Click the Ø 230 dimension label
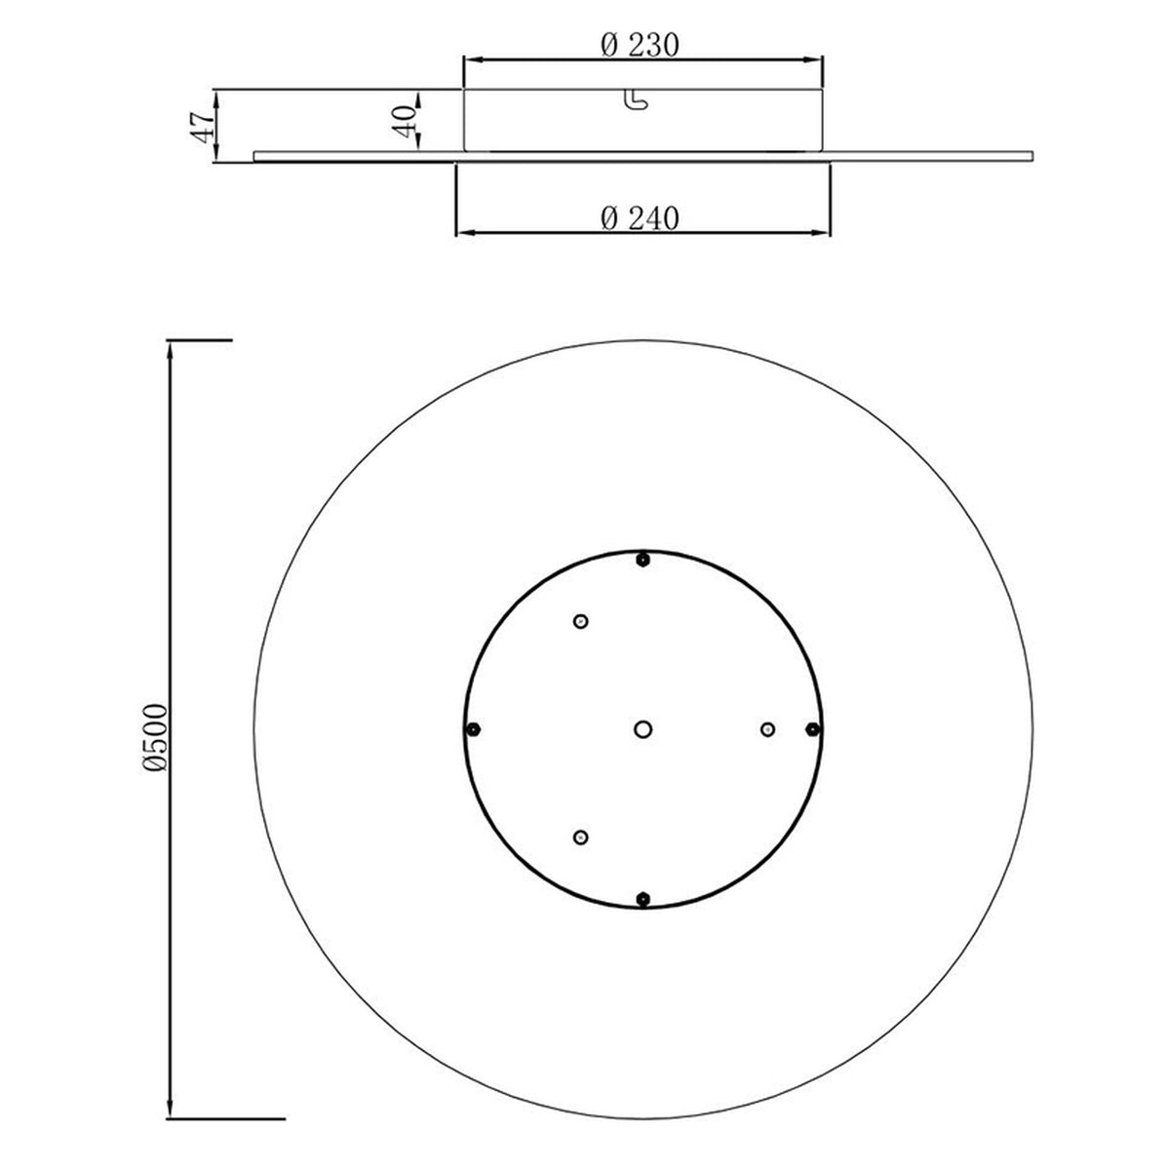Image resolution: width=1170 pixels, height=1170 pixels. click(640, 45)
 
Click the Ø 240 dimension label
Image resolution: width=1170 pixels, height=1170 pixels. click(640, 218)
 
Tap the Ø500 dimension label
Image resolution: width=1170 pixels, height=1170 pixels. click(154, 738)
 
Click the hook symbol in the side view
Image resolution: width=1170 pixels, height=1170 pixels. click(635, 99)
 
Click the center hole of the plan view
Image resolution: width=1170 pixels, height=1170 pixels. click(643, 728)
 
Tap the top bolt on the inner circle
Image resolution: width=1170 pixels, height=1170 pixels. click(643, 560)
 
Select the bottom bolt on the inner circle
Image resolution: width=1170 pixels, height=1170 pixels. click(643, 899)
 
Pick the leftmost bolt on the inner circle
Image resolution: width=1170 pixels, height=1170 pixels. click(474, 728)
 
